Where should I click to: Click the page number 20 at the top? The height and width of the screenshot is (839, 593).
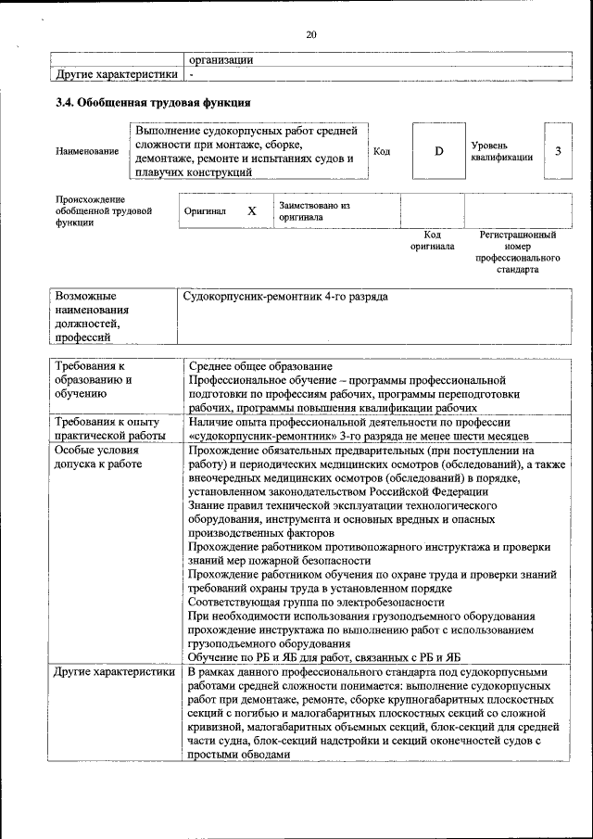click(311, 35)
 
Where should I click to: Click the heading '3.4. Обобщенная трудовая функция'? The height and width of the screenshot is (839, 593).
click(153, 103)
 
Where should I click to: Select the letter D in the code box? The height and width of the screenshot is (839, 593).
click(439, 151)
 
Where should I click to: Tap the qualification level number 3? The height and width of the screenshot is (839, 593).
click(558, 151)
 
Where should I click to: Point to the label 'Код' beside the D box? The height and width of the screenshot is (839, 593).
click(381, 151)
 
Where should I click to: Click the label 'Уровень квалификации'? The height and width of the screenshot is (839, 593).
click(501, 151)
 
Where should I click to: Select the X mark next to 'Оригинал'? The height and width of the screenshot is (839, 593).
click(251, 211)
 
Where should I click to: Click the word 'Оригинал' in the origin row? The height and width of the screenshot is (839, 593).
click(205, 211)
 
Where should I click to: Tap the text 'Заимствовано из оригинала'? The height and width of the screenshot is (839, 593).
click(314, 211)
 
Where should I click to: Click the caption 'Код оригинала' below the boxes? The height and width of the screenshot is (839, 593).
click(433, 241)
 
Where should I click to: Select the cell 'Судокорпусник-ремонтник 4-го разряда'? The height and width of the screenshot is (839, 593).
click(285, 297)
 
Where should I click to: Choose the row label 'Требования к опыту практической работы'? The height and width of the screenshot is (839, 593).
click(107, 428)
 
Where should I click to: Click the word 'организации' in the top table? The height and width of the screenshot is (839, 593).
click(221, 59)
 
